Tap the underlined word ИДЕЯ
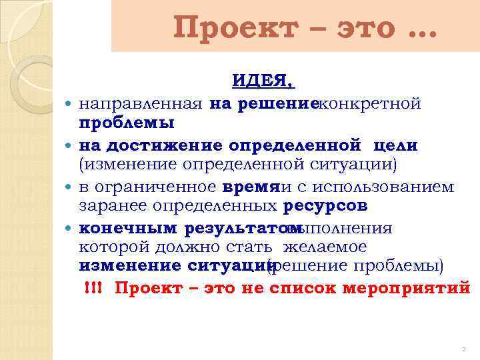coord(263,81)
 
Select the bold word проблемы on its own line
coord(127,123)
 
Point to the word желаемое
coord(325,247)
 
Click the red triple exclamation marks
coord(93,288)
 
